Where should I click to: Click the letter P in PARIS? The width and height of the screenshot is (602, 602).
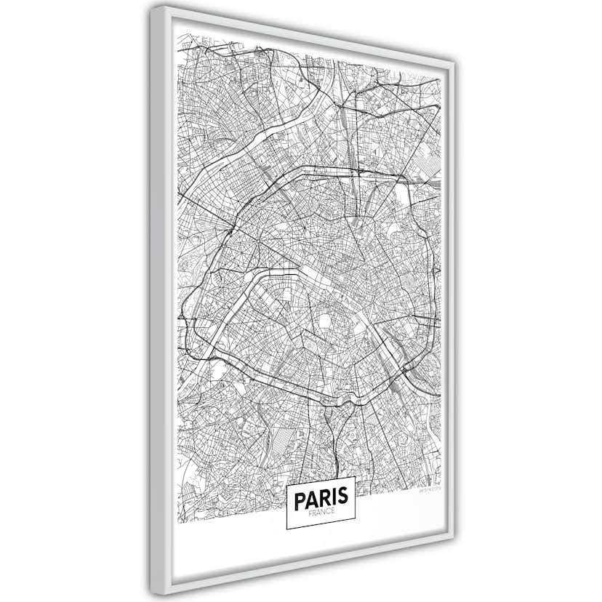click(300, 499)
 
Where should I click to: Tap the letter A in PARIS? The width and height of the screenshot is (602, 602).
click(313, 499)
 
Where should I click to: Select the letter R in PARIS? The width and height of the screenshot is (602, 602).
click(326, 499)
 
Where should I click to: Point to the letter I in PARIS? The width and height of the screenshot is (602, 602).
click(335, 499)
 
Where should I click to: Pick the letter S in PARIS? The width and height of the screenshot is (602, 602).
click(344, 499)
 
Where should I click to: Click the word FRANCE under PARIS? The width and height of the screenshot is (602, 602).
click(321, 513)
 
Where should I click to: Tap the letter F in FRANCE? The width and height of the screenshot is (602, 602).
click(310, 513)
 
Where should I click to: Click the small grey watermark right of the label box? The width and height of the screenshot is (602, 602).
click(427, 491)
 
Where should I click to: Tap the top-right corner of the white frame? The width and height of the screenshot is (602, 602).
click(455, 63)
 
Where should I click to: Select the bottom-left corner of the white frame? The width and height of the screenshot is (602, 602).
click(153, 592)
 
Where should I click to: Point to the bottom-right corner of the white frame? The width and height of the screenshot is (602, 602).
click(454, 542)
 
